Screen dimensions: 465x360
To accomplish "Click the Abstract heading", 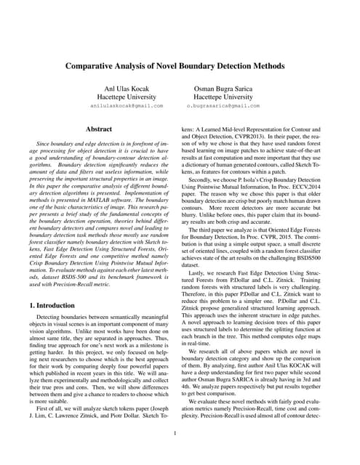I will tap(98, 128).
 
